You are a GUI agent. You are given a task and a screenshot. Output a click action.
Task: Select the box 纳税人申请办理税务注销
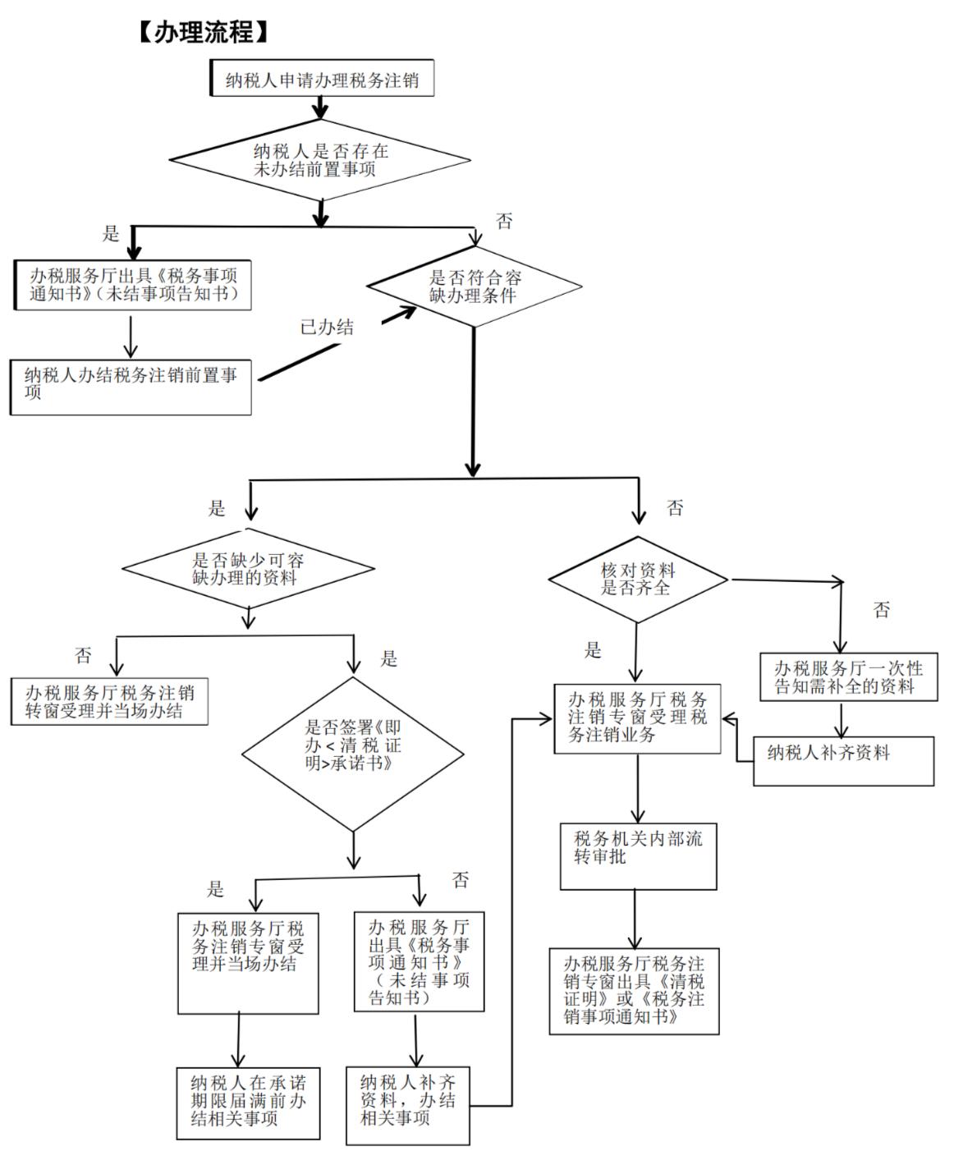(322, 80)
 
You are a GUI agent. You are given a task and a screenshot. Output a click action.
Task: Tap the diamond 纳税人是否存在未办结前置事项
(320, 160)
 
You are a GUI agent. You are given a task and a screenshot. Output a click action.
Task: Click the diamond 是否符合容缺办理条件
(475, 287)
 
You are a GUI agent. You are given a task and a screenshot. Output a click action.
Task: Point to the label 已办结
(327, 328)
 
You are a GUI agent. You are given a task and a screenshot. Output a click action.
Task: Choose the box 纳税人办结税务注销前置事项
(131, 384)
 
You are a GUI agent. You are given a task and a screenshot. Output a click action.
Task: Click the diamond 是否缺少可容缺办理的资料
(248, 568)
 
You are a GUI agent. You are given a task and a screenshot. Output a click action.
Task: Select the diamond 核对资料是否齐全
(637, 579)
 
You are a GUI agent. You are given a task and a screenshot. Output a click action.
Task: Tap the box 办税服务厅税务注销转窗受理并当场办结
(109, 701)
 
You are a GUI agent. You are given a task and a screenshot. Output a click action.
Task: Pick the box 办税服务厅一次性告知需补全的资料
(848, 677)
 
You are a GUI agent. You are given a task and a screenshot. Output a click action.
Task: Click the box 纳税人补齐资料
(843, 760)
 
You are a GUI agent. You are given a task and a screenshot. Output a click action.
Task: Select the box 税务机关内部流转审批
(638, 857)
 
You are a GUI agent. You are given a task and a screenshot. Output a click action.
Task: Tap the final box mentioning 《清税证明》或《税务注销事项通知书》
(634, 990)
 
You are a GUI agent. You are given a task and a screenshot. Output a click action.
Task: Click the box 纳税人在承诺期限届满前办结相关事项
(248, 1103)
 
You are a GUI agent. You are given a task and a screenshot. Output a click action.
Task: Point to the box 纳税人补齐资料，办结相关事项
(408, 1105)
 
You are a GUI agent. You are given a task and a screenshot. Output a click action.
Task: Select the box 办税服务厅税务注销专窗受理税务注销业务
(637, 718)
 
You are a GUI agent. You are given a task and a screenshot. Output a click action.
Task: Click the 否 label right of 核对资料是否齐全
(882, 610)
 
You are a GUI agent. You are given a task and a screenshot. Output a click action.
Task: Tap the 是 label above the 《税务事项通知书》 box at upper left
(111, 234)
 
